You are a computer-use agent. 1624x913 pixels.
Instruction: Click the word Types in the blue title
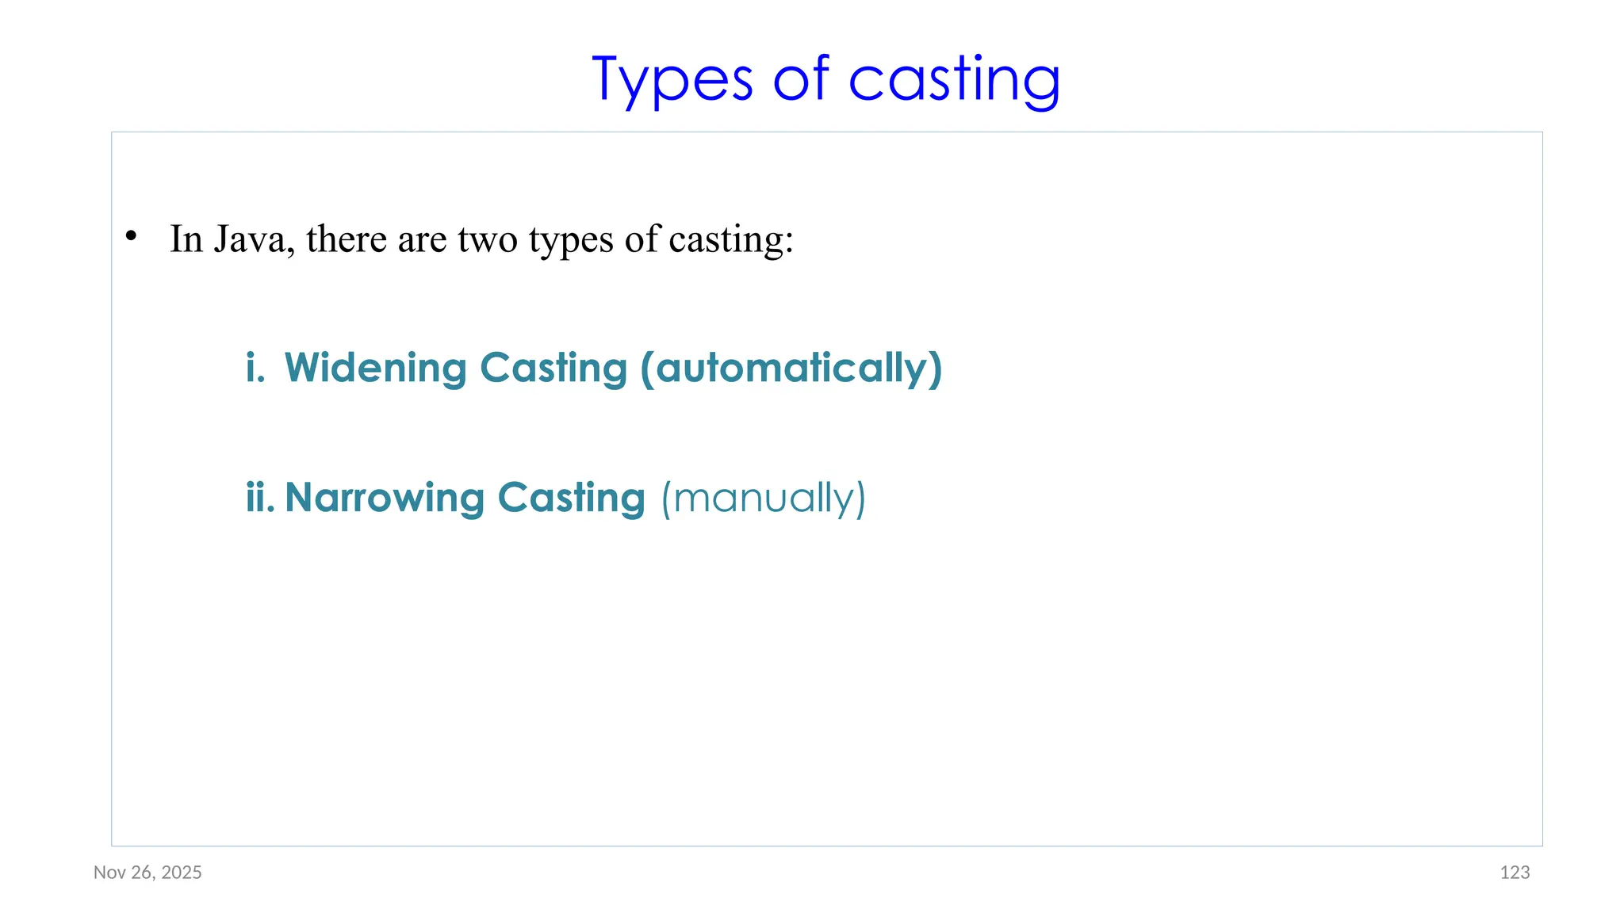[x=672, y=80]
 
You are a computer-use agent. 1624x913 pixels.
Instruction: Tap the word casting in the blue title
[x=954, y=80]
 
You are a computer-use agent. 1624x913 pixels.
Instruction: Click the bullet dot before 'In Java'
[x=132, y=236]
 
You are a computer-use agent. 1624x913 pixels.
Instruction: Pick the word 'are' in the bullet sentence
[x=422, y=239]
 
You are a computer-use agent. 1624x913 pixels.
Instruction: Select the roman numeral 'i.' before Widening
[x=255, y=368]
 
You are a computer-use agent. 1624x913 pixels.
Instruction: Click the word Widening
[x=376, y=369]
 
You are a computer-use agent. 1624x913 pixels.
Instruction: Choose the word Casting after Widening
[x=553, y=369]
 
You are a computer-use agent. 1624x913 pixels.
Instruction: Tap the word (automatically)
[x=791, y=369]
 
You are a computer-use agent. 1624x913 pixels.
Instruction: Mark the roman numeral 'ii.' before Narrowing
[x=260, y=498]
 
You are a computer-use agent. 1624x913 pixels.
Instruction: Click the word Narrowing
[x=385, y=498]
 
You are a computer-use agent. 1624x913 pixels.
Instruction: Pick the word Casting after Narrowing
[x=571, y=498]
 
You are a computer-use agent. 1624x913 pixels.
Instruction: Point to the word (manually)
[x=764, y=499]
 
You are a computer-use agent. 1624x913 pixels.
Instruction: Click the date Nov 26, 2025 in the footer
[x=147, y=873]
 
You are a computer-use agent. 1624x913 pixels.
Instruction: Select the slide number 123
[x=1515, y=873]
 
